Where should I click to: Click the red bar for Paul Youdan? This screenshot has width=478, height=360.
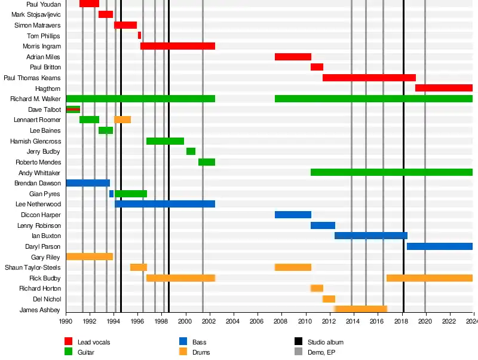[x=89, y=4]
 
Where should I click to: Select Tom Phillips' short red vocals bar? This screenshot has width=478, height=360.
[x=139, y=35]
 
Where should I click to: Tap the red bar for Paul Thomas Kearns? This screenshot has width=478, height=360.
[x=369, y=78]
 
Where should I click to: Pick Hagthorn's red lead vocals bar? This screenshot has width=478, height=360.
[x=443, y=88]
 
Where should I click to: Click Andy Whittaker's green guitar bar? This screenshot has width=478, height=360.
[x=391, y=172]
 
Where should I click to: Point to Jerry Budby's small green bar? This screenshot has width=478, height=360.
[x=191, y=151]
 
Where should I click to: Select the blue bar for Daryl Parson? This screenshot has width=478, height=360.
[x=439, y=246]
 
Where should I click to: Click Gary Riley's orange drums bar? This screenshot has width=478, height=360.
[x=89, y=257]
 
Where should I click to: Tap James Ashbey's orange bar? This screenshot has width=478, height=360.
[x=361, y=309]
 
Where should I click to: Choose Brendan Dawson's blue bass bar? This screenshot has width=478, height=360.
[x=87, y=183]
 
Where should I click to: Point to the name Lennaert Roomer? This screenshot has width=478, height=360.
[x=37, y=120]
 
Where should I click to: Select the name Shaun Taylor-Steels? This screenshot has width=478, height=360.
[x=33, y=267]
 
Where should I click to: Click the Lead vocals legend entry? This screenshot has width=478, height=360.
[x=93, y=342]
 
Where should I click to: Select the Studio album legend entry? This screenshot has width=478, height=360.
[x=325, y=342]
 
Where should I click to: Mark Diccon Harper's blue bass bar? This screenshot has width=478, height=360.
[x=293, y=215]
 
